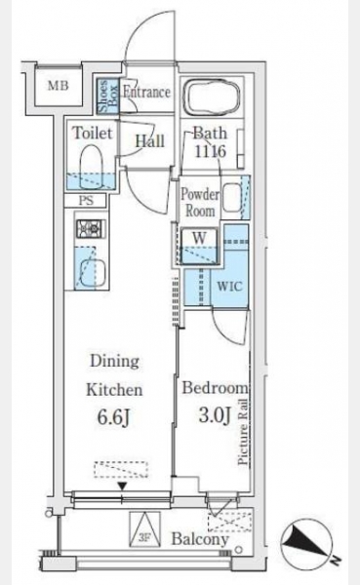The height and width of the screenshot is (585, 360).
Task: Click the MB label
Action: click(x=59, y=86)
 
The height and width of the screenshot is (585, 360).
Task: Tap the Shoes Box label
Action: click(x=108, y=96)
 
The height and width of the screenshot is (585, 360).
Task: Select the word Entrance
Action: click(x=146, y=92)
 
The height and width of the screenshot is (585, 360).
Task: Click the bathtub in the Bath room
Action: click(x=213, y=96)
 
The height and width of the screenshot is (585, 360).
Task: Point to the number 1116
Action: click(x=209, y=151)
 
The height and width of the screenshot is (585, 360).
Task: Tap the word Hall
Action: click(x=149, y=141)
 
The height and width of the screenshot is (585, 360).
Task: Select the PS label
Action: click(x=86, y=200)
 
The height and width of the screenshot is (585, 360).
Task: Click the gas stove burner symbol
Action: click(x=91, y=228)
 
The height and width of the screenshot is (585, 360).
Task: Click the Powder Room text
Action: click(x=200, y=203)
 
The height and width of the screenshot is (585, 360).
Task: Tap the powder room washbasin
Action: click(x=232, y=197)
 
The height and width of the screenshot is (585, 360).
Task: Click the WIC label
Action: click(x=229, y=287)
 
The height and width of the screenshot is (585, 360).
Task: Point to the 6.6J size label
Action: click(x=113, y=417)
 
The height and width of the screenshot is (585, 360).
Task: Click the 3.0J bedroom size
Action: click(x=214, y=414)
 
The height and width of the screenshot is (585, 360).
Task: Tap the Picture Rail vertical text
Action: click(x=243, y=432)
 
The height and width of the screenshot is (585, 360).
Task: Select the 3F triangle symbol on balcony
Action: click(x=144, y=529)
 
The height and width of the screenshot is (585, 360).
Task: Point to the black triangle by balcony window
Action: click(x=122, y=486)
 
